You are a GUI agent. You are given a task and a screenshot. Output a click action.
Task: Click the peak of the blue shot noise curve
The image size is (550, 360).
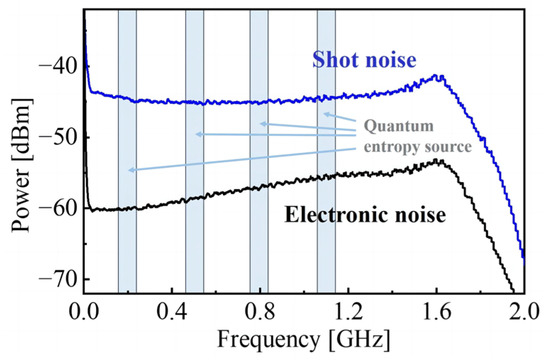(x=437, y=76)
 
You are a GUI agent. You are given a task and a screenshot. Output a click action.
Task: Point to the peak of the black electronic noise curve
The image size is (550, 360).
(x=438, y=161)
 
